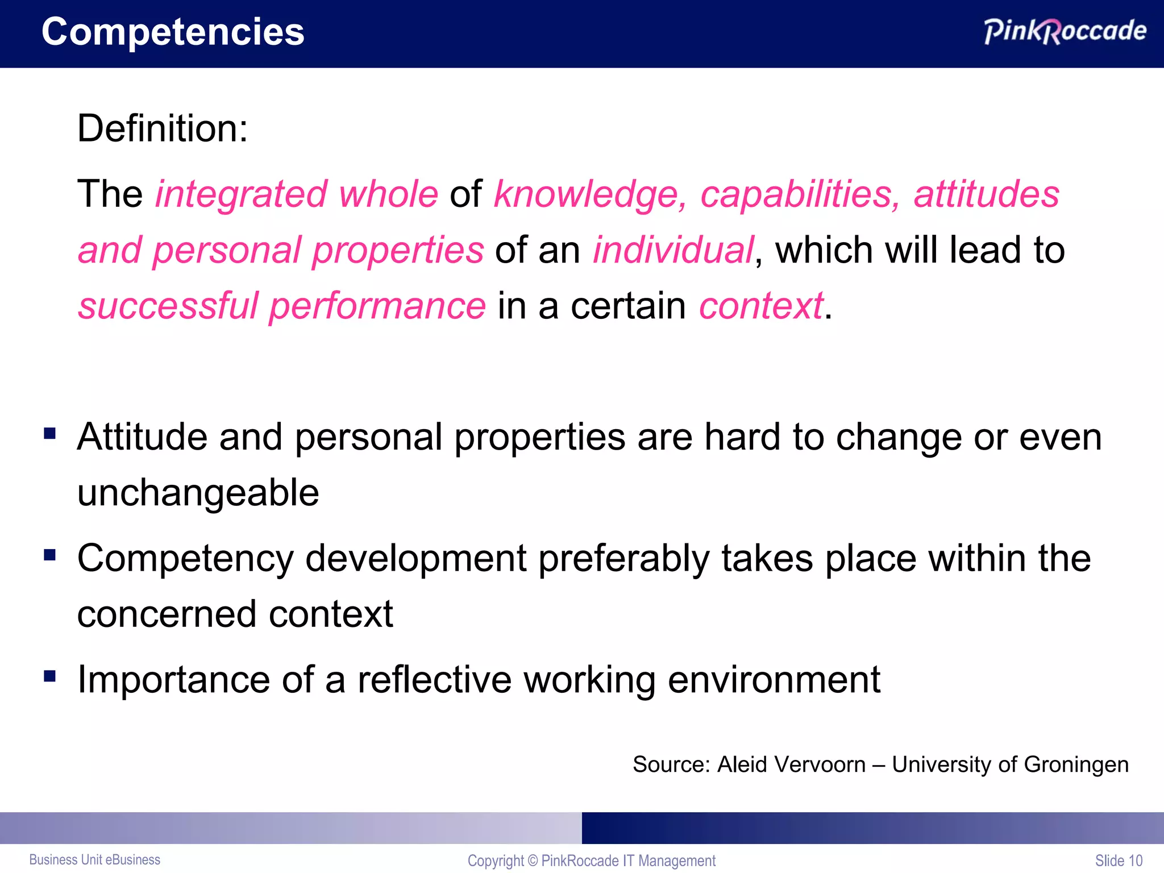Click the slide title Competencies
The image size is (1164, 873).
pos(173,32)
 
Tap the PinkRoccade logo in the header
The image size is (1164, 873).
pos(1065,31)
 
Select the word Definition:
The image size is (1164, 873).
pos(163,128)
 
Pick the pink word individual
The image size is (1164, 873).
pos(673,250)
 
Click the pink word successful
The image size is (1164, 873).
pos(168,306)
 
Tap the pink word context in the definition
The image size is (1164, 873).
pos(760,306)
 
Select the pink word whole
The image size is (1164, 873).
pos(388,194)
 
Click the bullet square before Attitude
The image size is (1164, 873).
pos(50,434)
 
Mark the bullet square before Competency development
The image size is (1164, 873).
pos(50,555)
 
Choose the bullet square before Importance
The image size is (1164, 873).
pos(50,676)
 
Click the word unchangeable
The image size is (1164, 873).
pos(198,492)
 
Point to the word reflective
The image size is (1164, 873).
pos(434,679)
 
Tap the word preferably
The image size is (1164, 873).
pos(623,559)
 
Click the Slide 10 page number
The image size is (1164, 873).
pos(1119,860)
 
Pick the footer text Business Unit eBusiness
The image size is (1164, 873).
pos(95,860)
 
